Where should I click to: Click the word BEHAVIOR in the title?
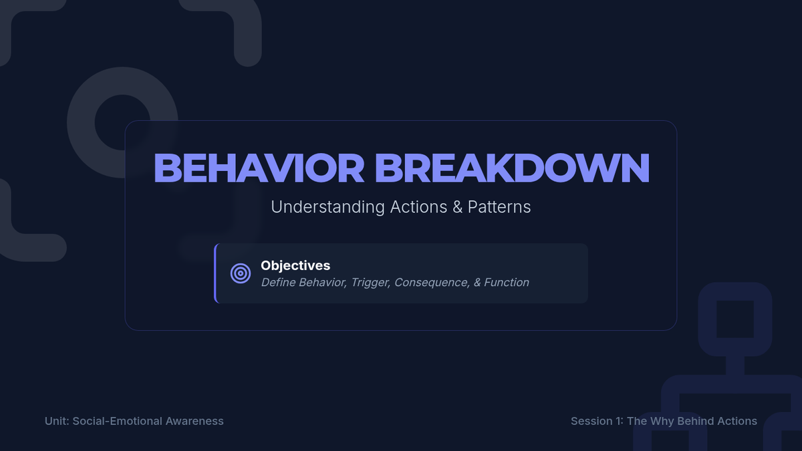pos(259,168)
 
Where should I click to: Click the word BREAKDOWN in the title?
pos(512,168)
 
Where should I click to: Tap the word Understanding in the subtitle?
pos(327,207)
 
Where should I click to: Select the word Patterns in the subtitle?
pos(499,207)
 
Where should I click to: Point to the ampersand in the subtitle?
pos(458,207)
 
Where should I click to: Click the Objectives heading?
pos(295,266)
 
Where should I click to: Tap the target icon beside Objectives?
pos(241,273)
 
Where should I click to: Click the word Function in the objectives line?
pos(507,283)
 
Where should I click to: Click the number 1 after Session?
pos(620,421)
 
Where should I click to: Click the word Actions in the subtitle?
pos(418,207)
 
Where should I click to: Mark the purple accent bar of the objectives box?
pos(215,273)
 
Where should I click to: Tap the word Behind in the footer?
pos(691,421)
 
